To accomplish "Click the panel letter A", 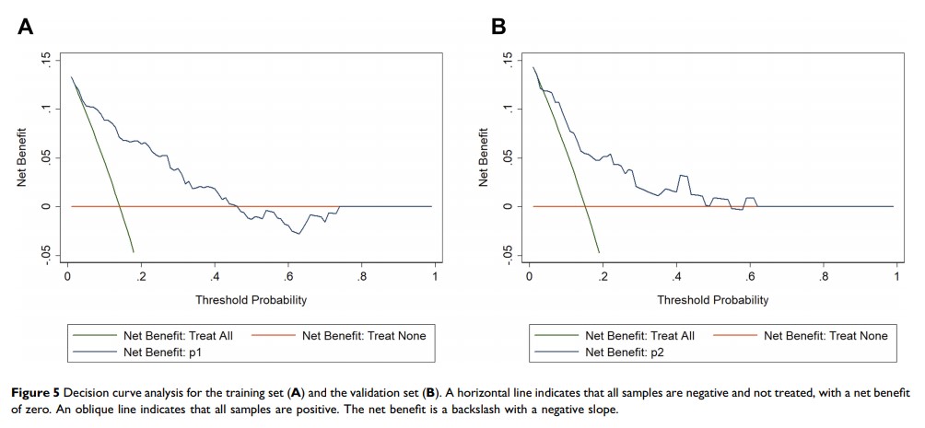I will pyautogui.click(x=26, y=28).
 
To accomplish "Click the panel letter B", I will pyautogui.click(x=498, y=28).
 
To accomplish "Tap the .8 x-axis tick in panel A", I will pyautogui.click(x=361, y=276).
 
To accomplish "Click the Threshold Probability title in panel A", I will pyautogui.click(x=251, y=300).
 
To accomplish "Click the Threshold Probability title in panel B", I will pyautogui.click(x=712, y=300).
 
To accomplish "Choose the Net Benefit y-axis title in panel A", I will pyautogui.click(x=21, y=158).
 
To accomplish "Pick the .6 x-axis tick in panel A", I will pyautogui.click(x=287, y=276).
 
